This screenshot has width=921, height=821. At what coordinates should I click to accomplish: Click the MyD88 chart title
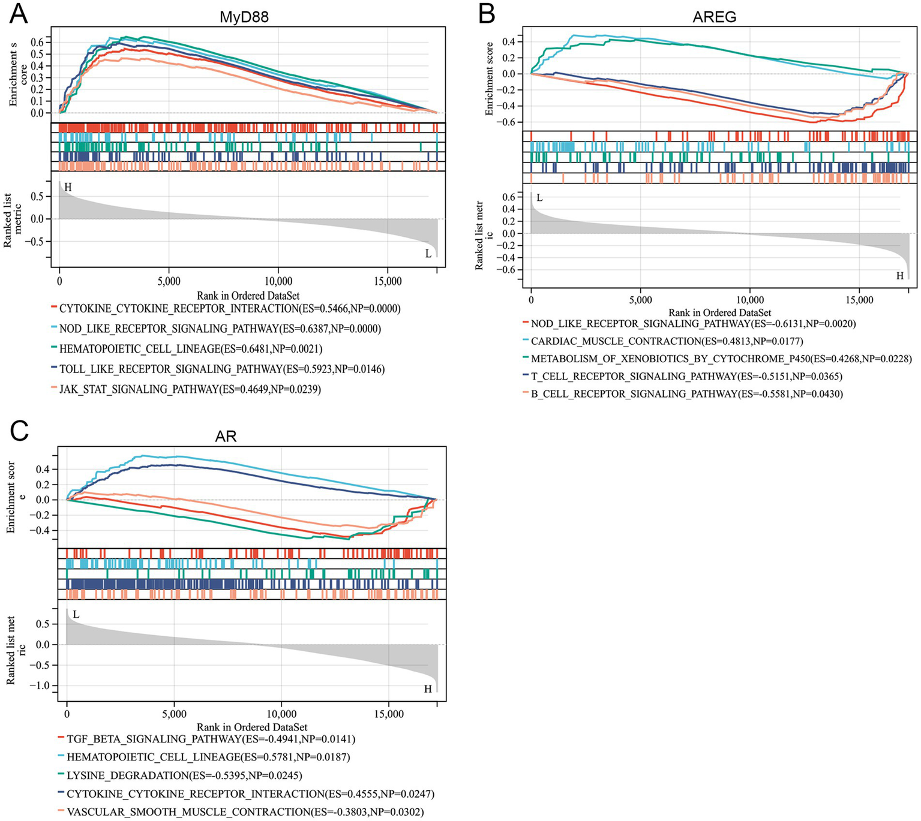pyautogui.click(x=244, y=17)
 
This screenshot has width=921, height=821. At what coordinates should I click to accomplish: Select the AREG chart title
pyautogui.click(x=714, y=17)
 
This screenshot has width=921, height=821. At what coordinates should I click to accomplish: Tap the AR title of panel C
pyautogui.click(x=226, y=436)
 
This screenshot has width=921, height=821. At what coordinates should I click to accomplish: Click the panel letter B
pyautogui.click(x=486, y=13)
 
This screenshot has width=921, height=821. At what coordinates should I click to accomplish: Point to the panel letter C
pyautogui.click(x=19, y=431)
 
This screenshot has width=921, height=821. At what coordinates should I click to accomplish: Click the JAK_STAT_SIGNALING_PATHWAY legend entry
pyautogui.click(x=190, y=389)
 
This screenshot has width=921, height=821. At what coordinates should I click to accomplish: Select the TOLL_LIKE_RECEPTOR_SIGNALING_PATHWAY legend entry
pyautogui.click(x=221, y=369)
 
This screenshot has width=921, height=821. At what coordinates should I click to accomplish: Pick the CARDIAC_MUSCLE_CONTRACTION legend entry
pyautogui.click(x=667, y=341)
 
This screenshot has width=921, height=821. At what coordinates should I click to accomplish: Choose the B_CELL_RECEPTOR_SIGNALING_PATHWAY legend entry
pyautogui.click(x=686, y=394)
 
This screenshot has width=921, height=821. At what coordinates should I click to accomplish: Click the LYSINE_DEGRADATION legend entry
pyautogui.click(x=184, y=775)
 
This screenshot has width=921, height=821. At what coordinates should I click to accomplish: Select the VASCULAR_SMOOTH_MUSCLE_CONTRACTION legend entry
pyautogui.click(x=245, y=812)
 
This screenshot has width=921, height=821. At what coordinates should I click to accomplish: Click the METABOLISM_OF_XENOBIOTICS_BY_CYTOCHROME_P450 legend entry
pyautogui.click(x=721, y=359)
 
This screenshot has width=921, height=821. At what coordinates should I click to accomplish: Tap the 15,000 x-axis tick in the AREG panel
pyautogui.click(x=859, y=300)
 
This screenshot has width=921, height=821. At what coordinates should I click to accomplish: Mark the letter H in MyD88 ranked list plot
pyautogui.click(x=68, y=188)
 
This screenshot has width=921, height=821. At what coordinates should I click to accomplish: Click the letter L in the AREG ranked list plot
pyautogui.click(x=539, y=198)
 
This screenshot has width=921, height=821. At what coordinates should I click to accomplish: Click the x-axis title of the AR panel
pyautogui.click(x=252, y=727)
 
